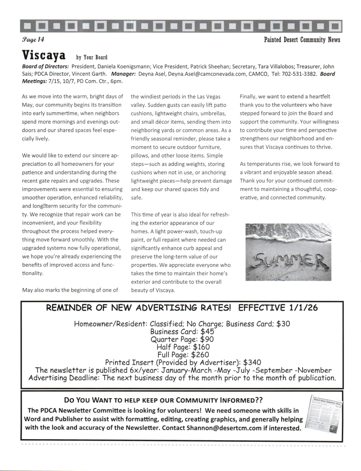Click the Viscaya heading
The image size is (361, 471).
44,55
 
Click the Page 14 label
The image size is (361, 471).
33,40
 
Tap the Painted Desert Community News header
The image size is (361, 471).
302,40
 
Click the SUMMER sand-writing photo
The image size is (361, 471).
288,252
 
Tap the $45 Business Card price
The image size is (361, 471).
207,331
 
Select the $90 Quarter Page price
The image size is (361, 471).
207,339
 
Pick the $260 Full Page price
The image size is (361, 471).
200,355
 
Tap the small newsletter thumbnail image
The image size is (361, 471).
323,414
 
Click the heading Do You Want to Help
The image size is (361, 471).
163,400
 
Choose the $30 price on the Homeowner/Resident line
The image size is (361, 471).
283,324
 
